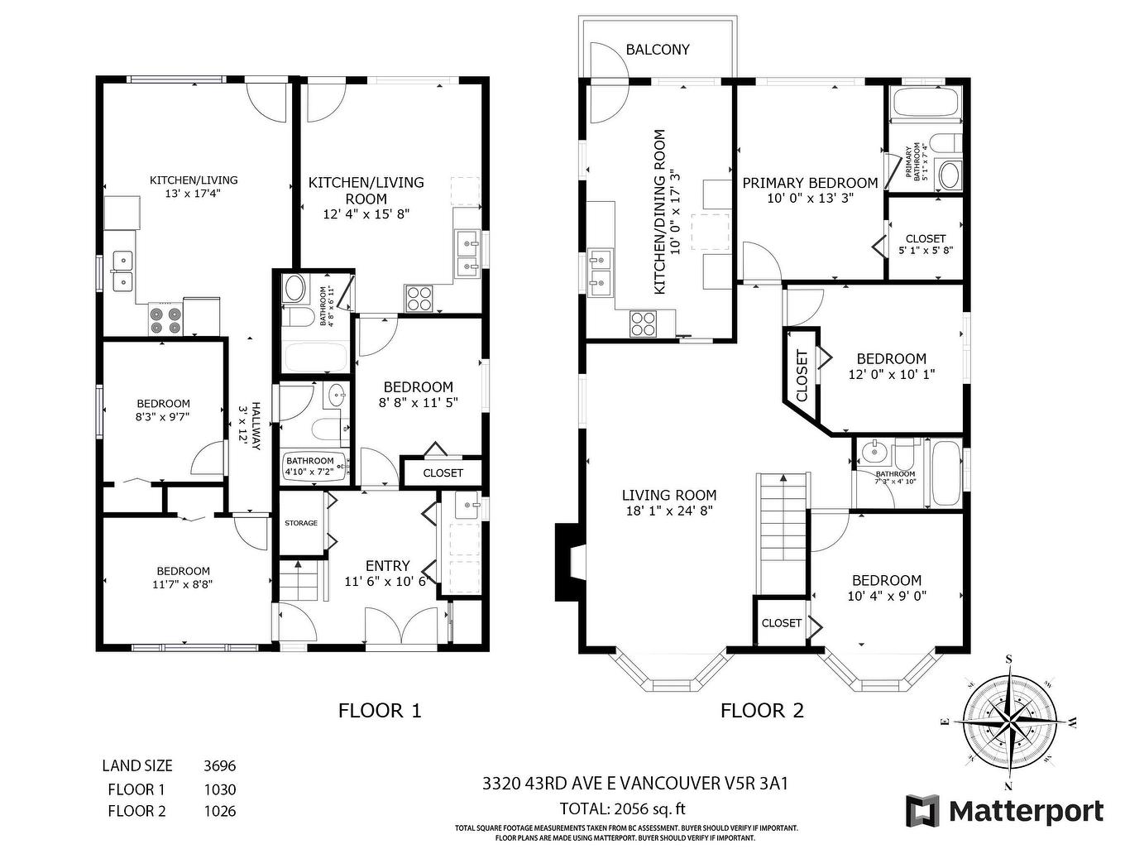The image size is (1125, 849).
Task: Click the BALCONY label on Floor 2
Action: point(657,50)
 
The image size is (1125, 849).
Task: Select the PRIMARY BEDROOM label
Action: point(809,183)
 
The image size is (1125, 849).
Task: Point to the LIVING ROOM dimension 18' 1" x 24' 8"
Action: point(669,511)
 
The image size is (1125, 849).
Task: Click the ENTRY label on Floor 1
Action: point(387,566)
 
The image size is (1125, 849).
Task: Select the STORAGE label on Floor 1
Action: point(301,523)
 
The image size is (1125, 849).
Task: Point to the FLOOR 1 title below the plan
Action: point(380,710)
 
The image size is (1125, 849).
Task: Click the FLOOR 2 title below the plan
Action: point(762,710)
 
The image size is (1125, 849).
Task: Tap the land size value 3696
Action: point(219,766)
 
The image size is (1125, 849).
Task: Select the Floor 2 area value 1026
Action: point(219,811)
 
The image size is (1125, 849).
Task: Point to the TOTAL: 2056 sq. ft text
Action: point(622,809)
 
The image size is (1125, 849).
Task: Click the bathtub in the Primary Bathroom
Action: point(925,105)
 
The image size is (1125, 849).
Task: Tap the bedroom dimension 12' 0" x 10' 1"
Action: point(891,374)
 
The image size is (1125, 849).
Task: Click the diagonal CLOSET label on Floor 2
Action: point(802,376)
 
